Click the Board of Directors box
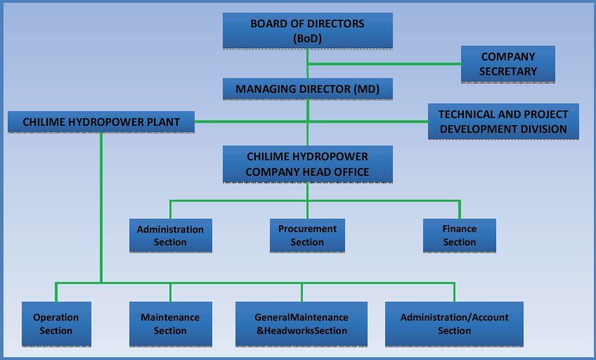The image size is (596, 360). tap(307, 31)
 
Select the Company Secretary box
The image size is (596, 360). tap(507, 64)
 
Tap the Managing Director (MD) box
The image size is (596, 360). tap(307, 89)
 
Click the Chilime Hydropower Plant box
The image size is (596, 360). tap(101, 122)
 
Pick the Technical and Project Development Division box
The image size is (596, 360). tap(503, 121)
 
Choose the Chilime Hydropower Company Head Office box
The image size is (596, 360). tap(307, 163)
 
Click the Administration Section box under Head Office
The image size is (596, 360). tap(170, 236)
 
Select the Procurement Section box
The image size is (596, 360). tap(307, 235)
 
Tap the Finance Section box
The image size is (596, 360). tap(460, 235)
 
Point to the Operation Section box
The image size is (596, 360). tap(56, 323)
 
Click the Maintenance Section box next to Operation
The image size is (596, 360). tap(170, 323)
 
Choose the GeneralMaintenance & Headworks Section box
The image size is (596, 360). tap(302, 323)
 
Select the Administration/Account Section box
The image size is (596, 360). tap(454, 323)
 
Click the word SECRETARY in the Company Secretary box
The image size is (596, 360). tap(508, 71)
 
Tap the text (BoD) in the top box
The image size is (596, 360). tap(308, 39)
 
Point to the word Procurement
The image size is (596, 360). tap(307, 229)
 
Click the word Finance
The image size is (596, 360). tap(460, 229)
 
